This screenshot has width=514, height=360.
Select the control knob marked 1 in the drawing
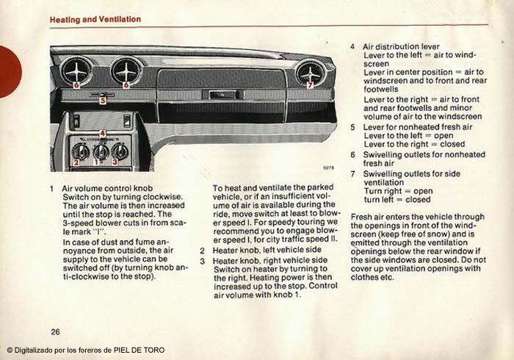pyautogui.click(x=100, y=151)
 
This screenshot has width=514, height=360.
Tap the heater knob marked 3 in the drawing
pyautogui.click(x=119, y=153)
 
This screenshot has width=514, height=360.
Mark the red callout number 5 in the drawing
pyautogui.click(x=103, y=99)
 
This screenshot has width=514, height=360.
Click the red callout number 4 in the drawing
pyautogui.click(x=103, y=133)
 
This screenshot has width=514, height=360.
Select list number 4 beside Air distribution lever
pyautogui.click(x=352, y=46)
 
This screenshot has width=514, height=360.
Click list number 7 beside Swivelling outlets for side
pyautogui.click(x=352, y=173)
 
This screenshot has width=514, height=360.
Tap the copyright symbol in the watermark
pyautogui.click(x=10, y=350)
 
